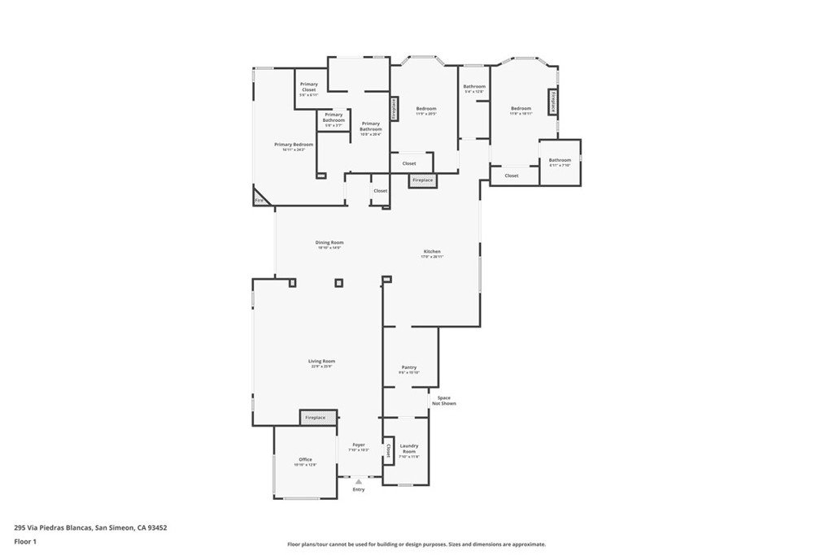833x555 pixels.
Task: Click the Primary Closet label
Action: pos(309,85)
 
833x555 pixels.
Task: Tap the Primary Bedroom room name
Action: pos(293,145)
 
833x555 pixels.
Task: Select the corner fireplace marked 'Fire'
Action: pos(260,199)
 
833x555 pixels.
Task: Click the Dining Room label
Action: pos(329,242)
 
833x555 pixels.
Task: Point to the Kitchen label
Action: pos(431,252)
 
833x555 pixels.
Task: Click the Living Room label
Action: pos(321,361)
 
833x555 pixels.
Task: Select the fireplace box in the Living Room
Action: pos(315,418)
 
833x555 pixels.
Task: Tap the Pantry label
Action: pos(408,367)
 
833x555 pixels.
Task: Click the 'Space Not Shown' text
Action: pos(444,401)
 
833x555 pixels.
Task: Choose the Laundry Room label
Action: pos(408,448)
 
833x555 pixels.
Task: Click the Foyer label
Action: pos(359,444)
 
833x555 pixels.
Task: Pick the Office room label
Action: pos(305,460)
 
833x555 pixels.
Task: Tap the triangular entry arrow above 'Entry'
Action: pos(358,481)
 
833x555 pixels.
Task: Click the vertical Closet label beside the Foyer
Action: pos(389,451)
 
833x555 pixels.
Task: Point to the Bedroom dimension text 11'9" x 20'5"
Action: pos(426,115)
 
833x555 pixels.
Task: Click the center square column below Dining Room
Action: pos(339,283)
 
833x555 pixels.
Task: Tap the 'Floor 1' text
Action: pos(25,540)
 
